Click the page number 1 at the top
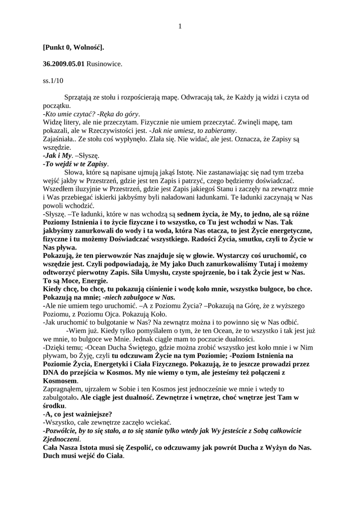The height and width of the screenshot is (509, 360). pyautogui.click(x=180, y=26)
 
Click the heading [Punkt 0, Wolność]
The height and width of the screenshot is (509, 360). pyautogui.click(x=73, y=47)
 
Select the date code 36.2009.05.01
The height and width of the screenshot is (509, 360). pyautogui.click(x=64, y=64)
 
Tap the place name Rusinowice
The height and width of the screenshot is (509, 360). pyautogui.click(x=104, y=64)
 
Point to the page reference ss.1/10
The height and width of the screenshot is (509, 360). pyautogui.click(x=53, y=80)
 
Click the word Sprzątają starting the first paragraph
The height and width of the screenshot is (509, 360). pyautogui.click(x=81, y=96)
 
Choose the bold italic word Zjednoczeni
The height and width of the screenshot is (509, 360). pyautogui.click(x=61, y=439)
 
